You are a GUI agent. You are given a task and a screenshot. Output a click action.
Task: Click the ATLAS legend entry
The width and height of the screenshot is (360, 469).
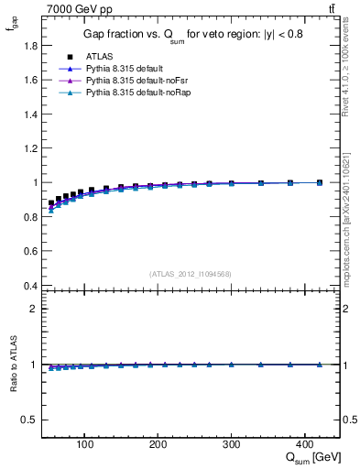click(99, 56)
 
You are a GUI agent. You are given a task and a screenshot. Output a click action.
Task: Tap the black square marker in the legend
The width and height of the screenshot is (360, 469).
click(70, 56)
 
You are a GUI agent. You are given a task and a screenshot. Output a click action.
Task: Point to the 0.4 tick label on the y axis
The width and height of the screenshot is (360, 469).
click(31, 286)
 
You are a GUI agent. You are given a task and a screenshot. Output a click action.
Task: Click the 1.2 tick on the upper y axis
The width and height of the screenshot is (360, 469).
click(31, 148)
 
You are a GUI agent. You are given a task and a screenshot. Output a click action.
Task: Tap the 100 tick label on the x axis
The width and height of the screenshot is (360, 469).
click(85, 444)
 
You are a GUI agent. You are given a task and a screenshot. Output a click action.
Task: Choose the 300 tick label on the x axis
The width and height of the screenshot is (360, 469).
click(232, 444)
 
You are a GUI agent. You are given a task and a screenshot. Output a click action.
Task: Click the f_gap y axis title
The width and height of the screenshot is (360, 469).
click(13, 27)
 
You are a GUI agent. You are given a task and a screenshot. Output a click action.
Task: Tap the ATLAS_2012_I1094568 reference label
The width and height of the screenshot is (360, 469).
click(191, 273)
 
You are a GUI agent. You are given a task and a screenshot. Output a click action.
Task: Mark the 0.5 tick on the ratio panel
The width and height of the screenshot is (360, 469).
click(31, 420)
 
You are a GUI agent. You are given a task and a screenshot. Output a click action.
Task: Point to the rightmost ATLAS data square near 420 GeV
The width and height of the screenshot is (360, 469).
click(319, 182)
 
